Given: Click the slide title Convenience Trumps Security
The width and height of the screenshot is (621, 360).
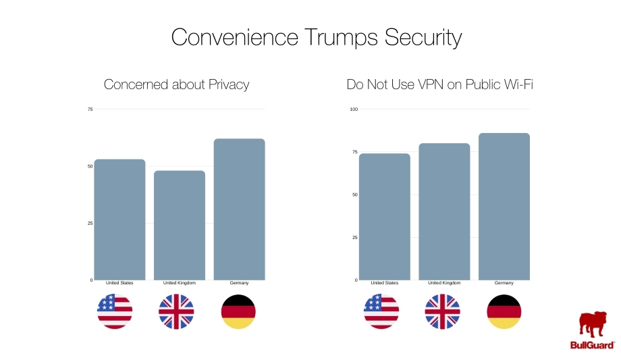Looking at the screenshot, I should coord(316,37).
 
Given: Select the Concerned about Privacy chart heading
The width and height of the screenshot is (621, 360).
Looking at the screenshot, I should coord(176,84).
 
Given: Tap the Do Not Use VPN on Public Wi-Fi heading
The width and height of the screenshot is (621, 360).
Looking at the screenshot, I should coord(445,84).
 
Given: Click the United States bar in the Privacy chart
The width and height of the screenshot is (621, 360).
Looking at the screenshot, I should coord(119,220).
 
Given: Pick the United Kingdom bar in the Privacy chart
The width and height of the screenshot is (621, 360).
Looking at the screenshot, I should coord(180,225).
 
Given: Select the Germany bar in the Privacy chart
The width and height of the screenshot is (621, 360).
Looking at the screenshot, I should coord(239,209).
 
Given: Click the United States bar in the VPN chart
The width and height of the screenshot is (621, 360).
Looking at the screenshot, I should coord(385,217).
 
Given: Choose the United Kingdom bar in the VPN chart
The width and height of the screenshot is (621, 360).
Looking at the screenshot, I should coord(444,211).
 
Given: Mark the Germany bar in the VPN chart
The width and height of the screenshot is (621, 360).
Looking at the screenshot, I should coord(504,207).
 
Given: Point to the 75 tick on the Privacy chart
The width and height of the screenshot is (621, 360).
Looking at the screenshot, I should coord(90,109).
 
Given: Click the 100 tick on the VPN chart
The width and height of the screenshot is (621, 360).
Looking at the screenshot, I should coord(354,109).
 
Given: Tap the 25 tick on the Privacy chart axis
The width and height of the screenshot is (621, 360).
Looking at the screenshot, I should coord(90,223).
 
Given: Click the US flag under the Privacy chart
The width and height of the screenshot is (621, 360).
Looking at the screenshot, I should coord(115,311).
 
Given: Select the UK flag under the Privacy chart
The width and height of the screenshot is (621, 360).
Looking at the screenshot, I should coord(176,311).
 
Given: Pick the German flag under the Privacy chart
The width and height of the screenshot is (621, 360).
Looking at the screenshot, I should coord(238,311).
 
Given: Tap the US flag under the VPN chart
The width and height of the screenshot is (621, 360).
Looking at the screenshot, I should coord(381,311).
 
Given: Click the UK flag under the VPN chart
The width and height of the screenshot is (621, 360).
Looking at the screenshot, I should coord(442,311).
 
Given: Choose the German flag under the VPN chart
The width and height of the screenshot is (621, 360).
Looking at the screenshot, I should coord(504,311).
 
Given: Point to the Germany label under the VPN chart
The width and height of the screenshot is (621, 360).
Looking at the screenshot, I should coord(504,283).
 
